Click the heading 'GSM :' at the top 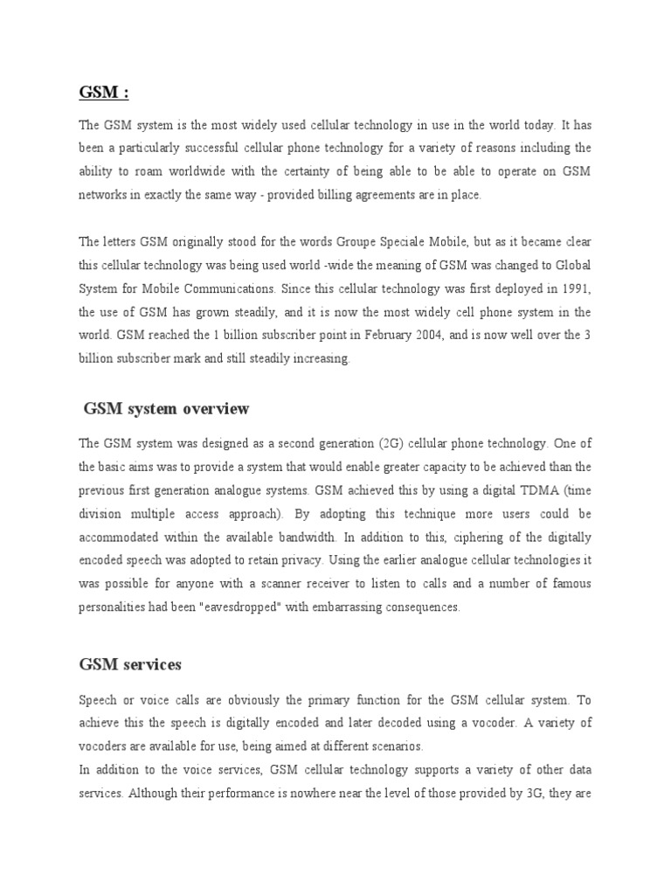tap(104, 92)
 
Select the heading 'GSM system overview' tap(166, 408)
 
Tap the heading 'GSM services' tap(130, 664)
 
